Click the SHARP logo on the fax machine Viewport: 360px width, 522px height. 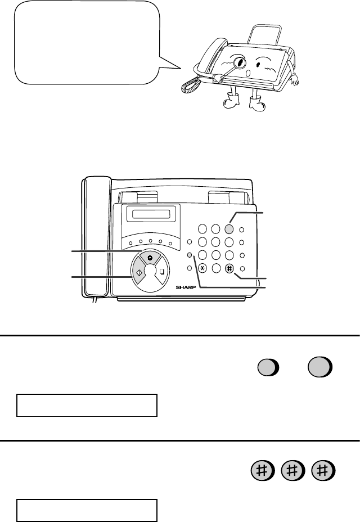tap(186, 287)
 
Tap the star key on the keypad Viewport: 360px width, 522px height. tap(202, 268)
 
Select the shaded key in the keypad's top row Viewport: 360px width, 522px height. tap(229, 229)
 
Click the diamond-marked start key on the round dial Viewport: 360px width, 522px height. tap(138, 272)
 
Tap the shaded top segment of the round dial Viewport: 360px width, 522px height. tap(150, 258)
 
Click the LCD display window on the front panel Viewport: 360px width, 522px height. tap(151, 213)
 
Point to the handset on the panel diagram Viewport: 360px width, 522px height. tap(97, 237)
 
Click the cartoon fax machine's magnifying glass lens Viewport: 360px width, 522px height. tap(240, 62)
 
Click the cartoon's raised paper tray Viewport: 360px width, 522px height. tap(264, 35)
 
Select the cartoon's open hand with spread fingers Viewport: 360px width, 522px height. tap(294, 79)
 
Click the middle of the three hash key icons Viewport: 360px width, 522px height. tap(292, 471)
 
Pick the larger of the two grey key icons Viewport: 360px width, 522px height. tap(319, 367)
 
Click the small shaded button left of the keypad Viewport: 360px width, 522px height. tap(190, 255)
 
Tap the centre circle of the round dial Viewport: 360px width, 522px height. tap(151, 271)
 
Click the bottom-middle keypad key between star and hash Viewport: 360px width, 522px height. tap(216, 268)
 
